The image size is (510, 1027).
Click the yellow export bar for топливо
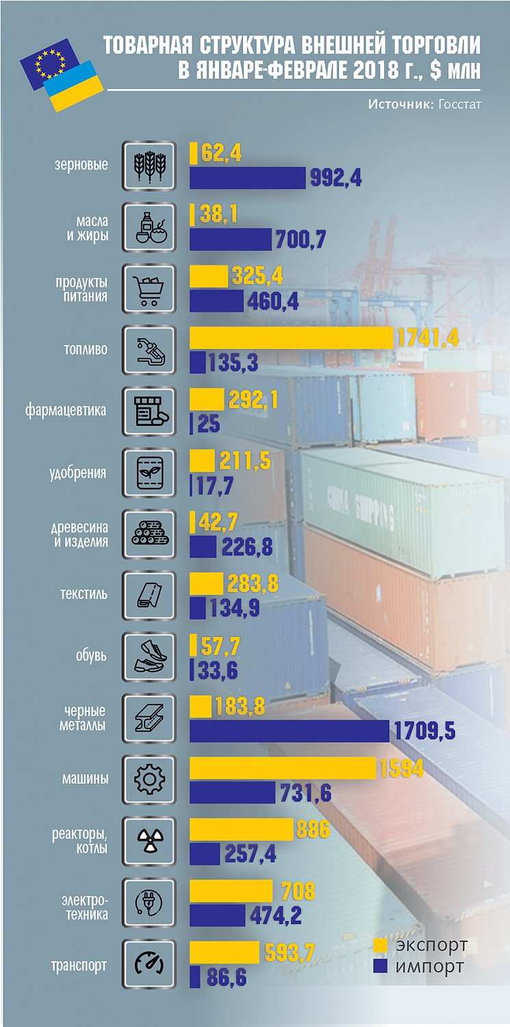pyautogui.click(x=291, y=338)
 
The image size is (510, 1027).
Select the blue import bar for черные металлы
pyautogui.click(x=288, y=731)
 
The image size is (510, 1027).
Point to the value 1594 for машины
pyautogui.click(x=401, y=768)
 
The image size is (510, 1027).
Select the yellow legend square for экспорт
pyautogui.click(x=381, y=946)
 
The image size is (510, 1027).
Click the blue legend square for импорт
pyautogui.click(x=381, y=967)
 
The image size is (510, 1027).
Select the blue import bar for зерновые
pyautogui.click(x=247, y=178)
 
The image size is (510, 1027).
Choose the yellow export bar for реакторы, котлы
pyautogui.click(x=241, y=829)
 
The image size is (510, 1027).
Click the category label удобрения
pyautogui.click(x=78, y=472)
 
